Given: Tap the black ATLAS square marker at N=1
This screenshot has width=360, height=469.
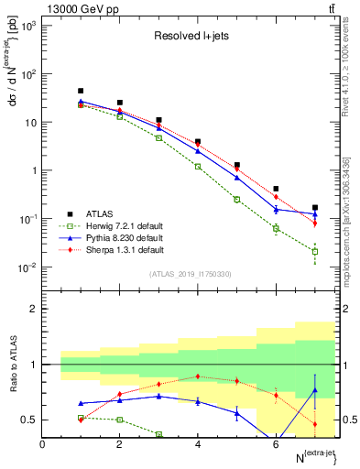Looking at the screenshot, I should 81,92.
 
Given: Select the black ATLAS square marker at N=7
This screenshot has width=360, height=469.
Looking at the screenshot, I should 315,208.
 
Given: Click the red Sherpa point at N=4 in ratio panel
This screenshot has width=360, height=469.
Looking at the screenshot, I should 198,376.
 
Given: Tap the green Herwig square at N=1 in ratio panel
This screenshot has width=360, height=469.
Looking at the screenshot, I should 81,418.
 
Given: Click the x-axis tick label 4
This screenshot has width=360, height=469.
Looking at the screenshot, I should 198,444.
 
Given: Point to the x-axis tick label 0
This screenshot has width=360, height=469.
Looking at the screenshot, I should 42,444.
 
